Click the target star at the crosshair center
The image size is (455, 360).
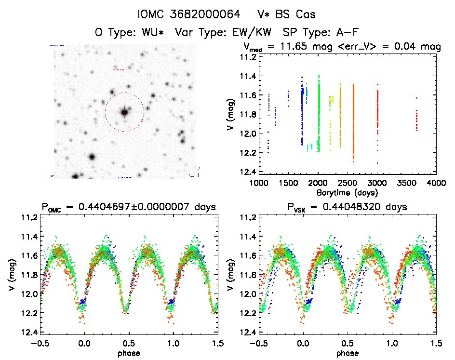tap(124, 112)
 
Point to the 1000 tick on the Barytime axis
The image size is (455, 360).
tap(259, 183)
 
